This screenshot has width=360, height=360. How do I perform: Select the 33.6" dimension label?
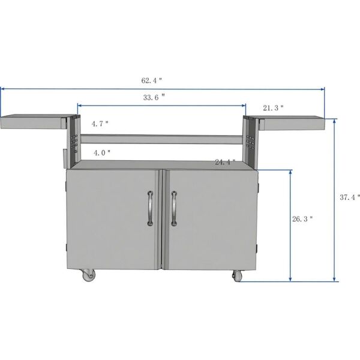pyautogui.click(x=155, y=97)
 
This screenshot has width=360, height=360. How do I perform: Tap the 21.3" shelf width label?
pyautogui.click(x=273, y=108)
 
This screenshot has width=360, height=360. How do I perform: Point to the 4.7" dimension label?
pyautogui.click(x=100, y=124)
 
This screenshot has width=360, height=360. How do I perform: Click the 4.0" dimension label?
pyautogui.click(x=102, y=153)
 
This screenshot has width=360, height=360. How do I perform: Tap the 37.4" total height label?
pyautogui.click(x=350, y=197)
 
